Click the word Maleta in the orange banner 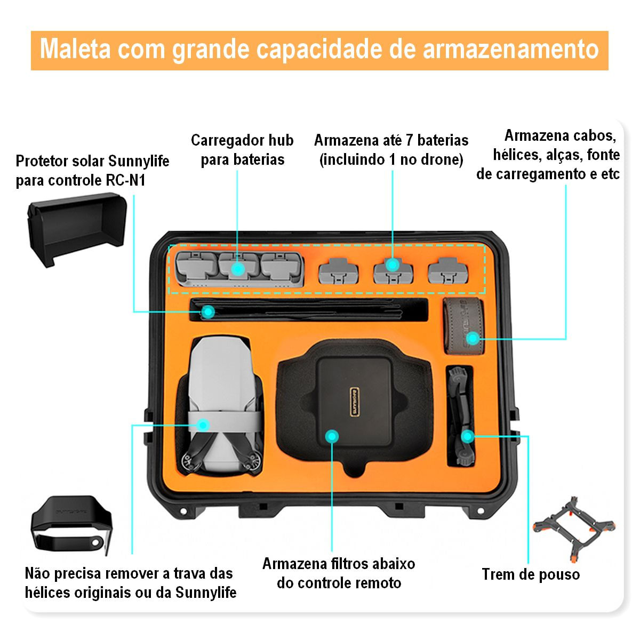pyautogui.click(x=75, y=50)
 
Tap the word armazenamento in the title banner pyautogui.click(x=511, y=50)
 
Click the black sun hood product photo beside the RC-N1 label pyautogui.click(x=77, y=229)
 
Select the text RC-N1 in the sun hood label pyautogui.click(x=125, y=181)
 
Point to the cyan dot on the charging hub pyautogui.click(x=238, y=269)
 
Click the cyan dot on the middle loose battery pyautogui.click(x=393, y=265)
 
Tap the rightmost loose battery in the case pyautogui.click(x=447, y=271)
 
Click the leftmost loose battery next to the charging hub pyautogui.click(x=339, y=271)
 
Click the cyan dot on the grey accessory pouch pyautogui.click(x=473, y=339)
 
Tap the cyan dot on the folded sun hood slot pyautogui.click(x=208, y=312)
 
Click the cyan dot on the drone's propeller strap pyautogui.click(x=203, y=425)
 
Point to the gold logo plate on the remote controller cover pyautogui.click(x=354, y=402)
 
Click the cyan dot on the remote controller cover pyautogui.click(x=332, y=436)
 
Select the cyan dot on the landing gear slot pyautogui.click(x=468, y=436)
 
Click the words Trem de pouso pyautogui.click(x=531, y=574)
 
